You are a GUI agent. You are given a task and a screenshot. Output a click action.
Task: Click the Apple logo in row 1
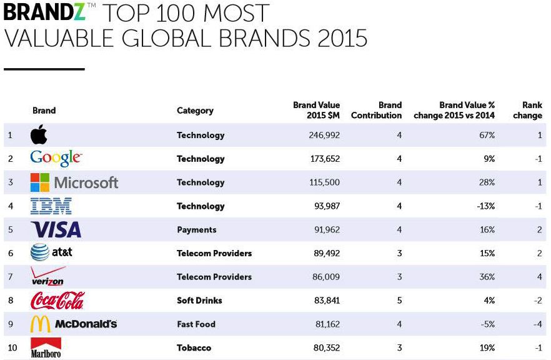[39, 135]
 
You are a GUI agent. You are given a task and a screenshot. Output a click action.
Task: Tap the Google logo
[56, 159]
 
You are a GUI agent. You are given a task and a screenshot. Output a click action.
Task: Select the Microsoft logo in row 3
[74, 182]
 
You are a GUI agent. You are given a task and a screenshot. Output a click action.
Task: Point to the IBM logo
[51, 206]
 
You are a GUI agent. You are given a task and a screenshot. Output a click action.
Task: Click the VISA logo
[56, 229]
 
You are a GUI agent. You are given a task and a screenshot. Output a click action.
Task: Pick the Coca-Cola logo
[57, 301]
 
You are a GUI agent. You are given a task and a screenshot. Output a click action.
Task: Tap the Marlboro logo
[46, 348]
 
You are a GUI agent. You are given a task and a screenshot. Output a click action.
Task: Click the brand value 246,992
[325, 135]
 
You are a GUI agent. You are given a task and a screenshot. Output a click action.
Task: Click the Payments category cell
[197, 229]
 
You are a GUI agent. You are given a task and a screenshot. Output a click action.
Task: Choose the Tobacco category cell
[194, 347]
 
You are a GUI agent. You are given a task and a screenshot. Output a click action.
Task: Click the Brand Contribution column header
[377, 110]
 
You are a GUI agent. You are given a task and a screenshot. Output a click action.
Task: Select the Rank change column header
[528, 110]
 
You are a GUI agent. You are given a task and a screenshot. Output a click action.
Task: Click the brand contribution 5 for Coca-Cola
[399, 301]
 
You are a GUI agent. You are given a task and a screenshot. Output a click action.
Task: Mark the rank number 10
[11, 347]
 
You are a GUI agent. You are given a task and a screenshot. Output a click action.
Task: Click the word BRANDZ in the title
[44, 12]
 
